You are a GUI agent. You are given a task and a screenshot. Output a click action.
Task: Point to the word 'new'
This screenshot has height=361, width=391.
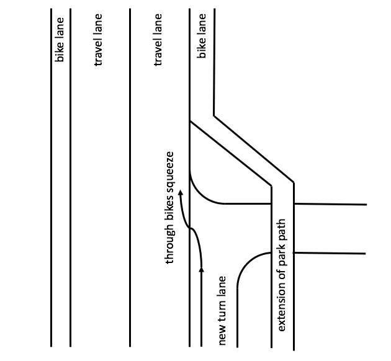click(223, 334)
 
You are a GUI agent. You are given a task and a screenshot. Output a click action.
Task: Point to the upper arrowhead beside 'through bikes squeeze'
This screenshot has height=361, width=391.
click(181, 195)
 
